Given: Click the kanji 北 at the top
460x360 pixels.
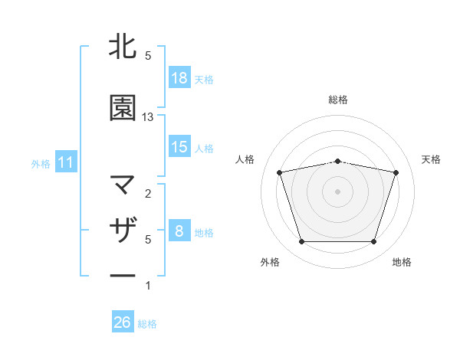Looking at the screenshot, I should [x=123, y=47].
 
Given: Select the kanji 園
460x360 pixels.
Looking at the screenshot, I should [x=123, y=108].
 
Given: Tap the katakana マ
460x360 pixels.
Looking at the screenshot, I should [x=123, y=185].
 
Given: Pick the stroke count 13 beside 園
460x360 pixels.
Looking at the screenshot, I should [x=148, y=117].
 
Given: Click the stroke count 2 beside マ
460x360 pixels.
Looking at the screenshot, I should [x=148, y=194].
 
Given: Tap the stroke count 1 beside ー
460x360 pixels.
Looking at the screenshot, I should [x=148, y=286].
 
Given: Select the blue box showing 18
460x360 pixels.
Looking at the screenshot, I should [x=179, y=77].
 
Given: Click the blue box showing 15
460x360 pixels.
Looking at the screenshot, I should [x=179, y=146].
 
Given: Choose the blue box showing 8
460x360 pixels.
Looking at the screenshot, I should [x=179, y=231].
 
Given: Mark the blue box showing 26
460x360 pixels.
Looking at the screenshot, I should [x=123, y=322].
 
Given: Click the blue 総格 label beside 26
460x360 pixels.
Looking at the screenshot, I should [x=147, y=324].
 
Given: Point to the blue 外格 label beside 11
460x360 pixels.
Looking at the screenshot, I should [x=41, y=163].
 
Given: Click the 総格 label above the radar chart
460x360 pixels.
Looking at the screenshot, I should [x=338, y=100].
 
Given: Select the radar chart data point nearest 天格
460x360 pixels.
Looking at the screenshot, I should [x=396, y=172].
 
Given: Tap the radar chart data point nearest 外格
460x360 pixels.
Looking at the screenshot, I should [x=301, y=242].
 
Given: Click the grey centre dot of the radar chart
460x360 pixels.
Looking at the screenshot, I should [x=338, y=191].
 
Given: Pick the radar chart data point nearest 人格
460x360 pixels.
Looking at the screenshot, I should [x=280, y=172].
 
